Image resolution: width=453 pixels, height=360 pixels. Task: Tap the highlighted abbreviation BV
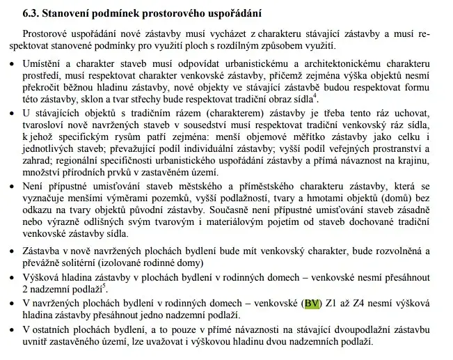pos(311,304)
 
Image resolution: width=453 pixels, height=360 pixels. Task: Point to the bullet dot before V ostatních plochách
pos(13,329)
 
